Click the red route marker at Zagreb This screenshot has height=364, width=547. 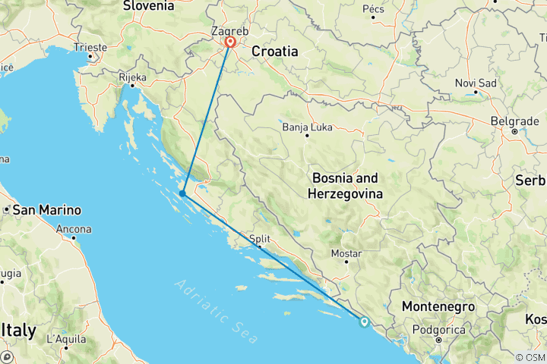click(229, 43)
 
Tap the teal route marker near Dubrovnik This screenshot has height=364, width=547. click(365, 322)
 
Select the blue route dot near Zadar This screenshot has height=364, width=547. click(183, 194)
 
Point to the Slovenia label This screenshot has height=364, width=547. click(148, 6)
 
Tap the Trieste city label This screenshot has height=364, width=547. click(90, 47)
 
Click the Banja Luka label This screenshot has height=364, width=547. click(307, 127)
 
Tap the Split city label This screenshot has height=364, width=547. click(259, 238)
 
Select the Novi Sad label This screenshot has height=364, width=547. click(476, 83)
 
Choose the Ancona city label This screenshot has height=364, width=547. click(74, 228)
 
